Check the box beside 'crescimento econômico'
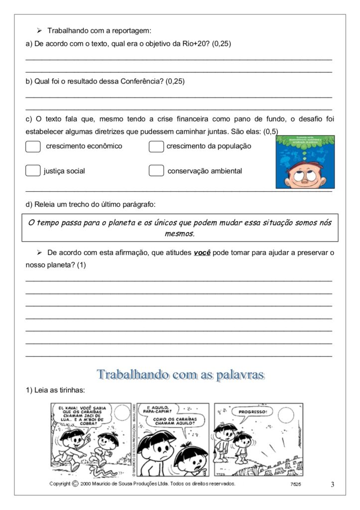[x=33, y=146]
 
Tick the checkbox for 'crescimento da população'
[x=156, y=146]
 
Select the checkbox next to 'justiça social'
[x=33, y=171]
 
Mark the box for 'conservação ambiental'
[x=156, y=171]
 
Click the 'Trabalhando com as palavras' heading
[x=180, y=374]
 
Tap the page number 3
[x=332, y=484]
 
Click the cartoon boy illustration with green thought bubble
[x=305, y=162]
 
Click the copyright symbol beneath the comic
[x=75, y=484]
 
